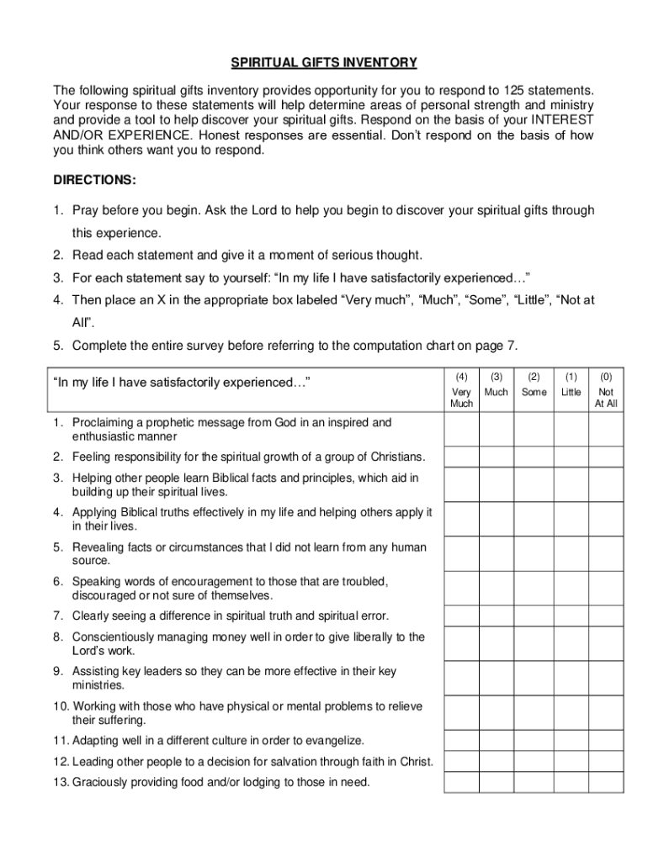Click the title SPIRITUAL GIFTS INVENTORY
point(324,63)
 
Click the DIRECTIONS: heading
point(94,181)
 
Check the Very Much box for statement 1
point(461,430)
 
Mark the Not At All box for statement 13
point(605,783)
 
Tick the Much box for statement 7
point(497,615)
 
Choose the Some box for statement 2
point(534,457)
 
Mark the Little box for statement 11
point(571,741)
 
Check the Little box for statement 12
point(571,762)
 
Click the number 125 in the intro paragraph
point(513,90)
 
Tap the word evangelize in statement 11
point(332,741)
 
